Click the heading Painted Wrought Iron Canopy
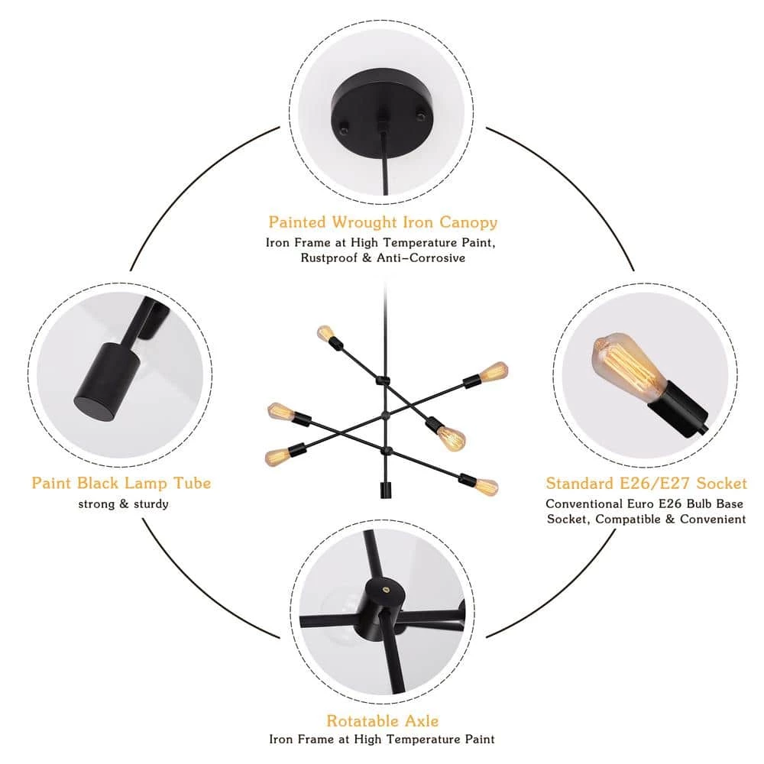(383, 222)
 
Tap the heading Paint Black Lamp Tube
(121, 483)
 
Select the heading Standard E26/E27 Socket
(646, 483)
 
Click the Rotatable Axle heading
(383, 720)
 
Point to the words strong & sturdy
(123, 503)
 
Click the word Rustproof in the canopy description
(329, 257)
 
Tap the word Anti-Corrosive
(421, 257)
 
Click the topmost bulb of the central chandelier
(325, 334)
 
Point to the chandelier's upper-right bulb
(494, 372)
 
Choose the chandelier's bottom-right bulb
(485, 486)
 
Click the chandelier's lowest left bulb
(275, 456)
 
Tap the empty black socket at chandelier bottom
(385, 490)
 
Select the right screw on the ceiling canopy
(419, 115)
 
